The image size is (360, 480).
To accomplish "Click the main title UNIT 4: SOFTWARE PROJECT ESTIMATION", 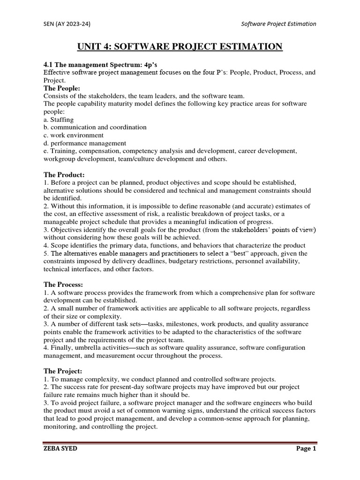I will pyautogui.click(x=180, y=46).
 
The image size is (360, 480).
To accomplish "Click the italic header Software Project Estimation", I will pyautogui.click(x=278, y=24).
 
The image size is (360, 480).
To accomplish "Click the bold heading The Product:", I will pyautogui.click(x=64, y=175).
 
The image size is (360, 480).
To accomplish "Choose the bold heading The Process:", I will pyautogui.click(x=64, y=285).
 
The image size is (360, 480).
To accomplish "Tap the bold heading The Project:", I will pyautogui.click(x=63, y=371).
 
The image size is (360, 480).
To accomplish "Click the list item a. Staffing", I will pyautogui.click(x=59, y=120).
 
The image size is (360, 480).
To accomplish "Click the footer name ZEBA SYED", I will pyautogui.click(x=60, y=449).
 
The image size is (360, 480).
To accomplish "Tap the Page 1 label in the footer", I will pyautogui.click(x=306, y=449).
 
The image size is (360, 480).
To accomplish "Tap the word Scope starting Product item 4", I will pyautogui.click(x=60, y=246).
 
